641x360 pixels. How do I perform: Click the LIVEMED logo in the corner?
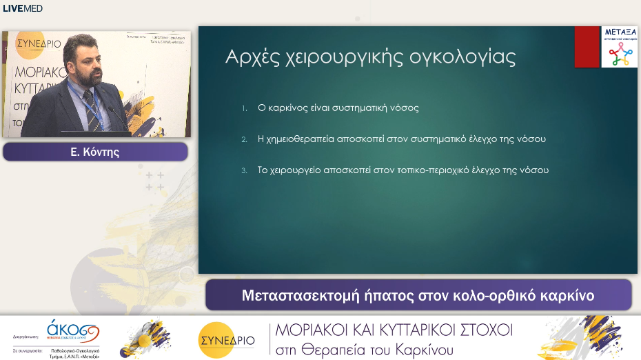tap(23, 9)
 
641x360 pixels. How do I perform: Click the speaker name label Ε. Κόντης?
tap(95, 152)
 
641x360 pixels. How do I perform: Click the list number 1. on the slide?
tap(244, 108)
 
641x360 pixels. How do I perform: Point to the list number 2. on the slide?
tap(244, 139)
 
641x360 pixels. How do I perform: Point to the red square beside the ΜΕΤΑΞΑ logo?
tap(587, 47)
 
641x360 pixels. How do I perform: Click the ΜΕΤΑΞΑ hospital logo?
tap(619, 47)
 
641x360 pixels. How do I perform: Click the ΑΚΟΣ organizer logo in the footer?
tap(72, 330)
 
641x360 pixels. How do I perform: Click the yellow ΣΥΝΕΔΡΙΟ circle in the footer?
tap(226, 339)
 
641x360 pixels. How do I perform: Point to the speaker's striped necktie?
tap(94, 107)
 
